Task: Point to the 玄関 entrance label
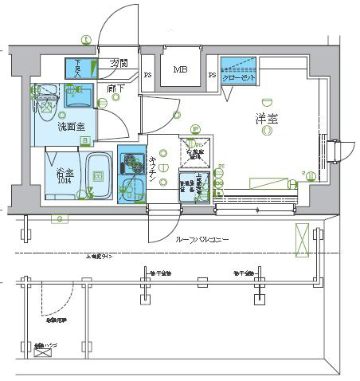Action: tap(119, 63)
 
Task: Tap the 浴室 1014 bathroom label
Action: tap(65, 175)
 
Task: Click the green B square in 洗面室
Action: tap(84, 141)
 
